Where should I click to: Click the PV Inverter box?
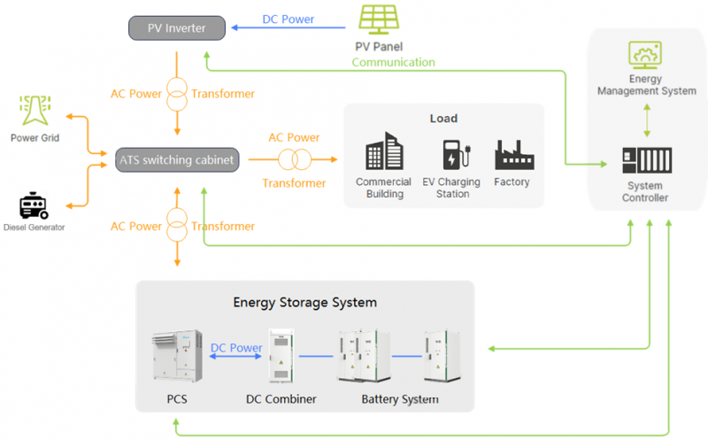[176, 28]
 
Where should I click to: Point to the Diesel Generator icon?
[34, 206]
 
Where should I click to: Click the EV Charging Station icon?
[452, 156]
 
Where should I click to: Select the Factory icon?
[512, 155]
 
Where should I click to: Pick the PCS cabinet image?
[176, 358]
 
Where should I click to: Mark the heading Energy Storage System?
[304, 303]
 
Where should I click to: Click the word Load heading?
[443, 119]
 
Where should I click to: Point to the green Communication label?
[393, 63]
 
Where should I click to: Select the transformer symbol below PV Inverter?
[177, 94]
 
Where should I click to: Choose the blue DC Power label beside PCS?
[236, 349]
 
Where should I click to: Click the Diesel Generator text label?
[33, 228]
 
